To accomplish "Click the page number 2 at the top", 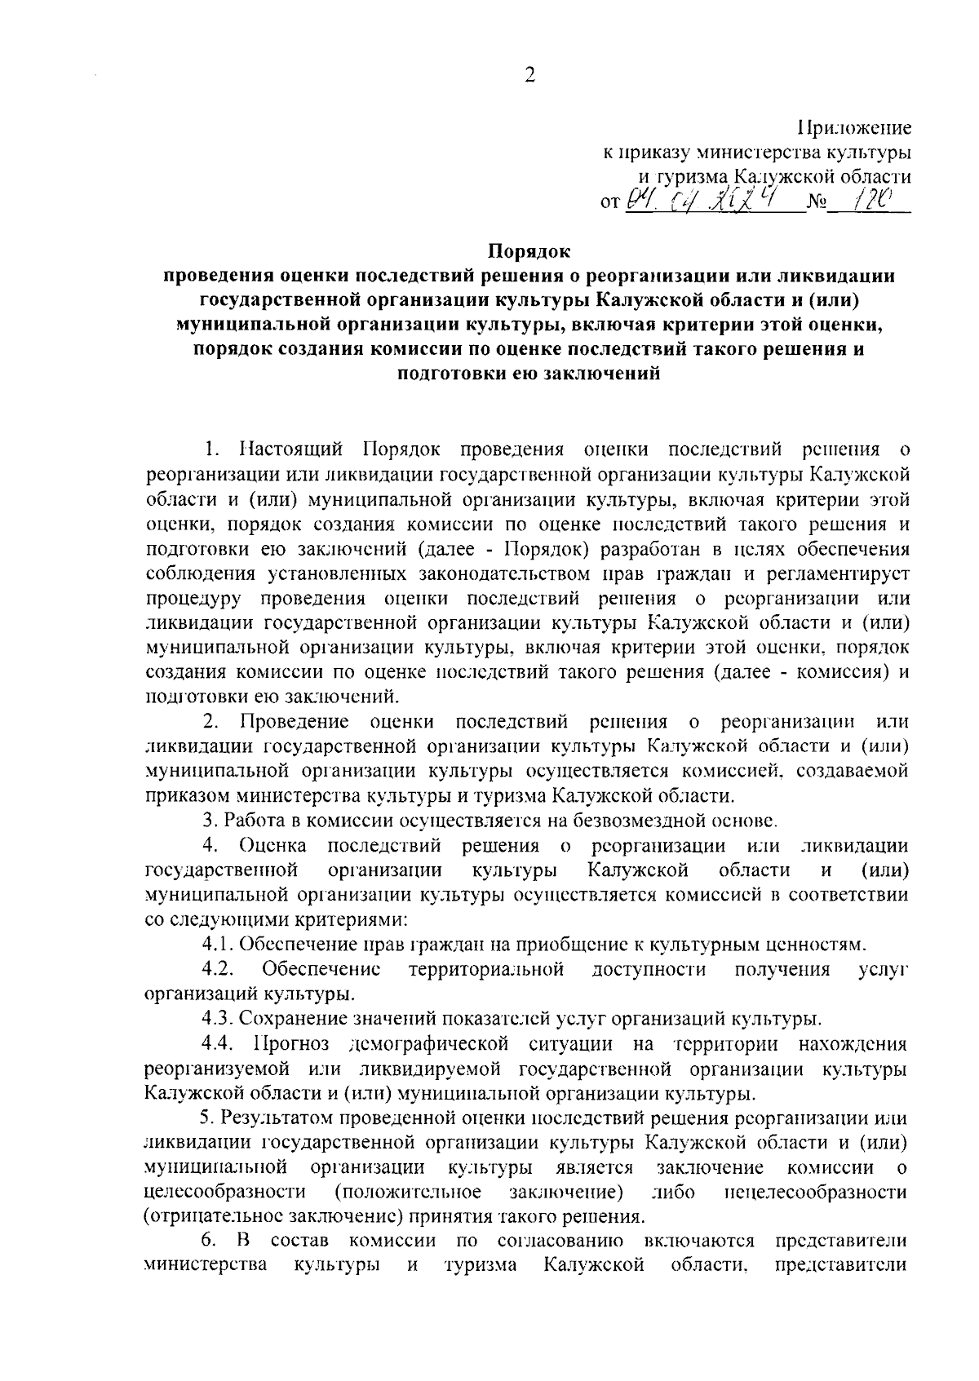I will [x=529, y=76].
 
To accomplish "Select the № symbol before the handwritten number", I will [x=816, y=201].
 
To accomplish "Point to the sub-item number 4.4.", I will [x=220, y=1044].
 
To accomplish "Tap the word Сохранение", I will [x=292, y=1019].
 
